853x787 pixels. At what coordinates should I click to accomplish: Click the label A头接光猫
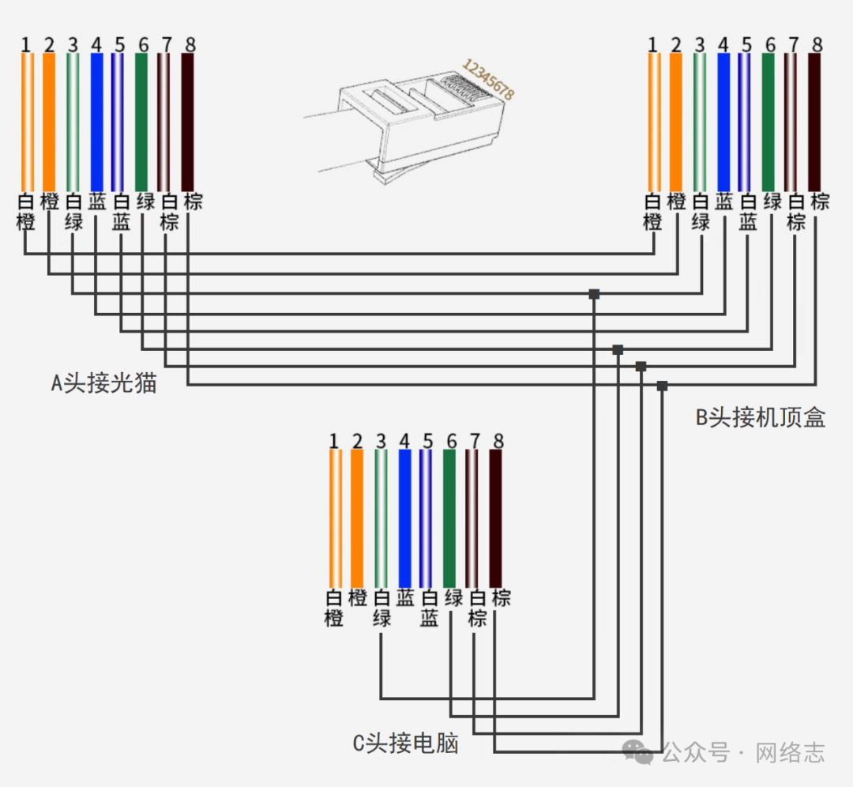click(x=103, y=384)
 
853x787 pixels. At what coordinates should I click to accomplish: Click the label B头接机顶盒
click(x=760, y=418)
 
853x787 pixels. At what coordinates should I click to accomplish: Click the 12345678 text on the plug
click(x=487, y=79)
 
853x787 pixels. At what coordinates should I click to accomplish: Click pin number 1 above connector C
click(x=333, y=441)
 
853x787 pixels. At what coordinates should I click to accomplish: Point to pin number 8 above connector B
click(x=817, y=44)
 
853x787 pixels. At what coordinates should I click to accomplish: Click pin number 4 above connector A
click(x=96, y=44)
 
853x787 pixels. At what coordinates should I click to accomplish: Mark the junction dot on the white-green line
click(x=594, y=294)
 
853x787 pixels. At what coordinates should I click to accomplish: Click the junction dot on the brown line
click(x=662, y=386)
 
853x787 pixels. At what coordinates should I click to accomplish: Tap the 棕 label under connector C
click(x=501, y=597)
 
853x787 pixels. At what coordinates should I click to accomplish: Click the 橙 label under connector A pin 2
click(x=49, y=201)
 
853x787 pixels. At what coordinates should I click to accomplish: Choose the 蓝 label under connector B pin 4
click(x=723, y=201)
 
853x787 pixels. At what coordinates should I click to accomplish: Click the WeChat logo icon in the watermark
click(x=639, y=752)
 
